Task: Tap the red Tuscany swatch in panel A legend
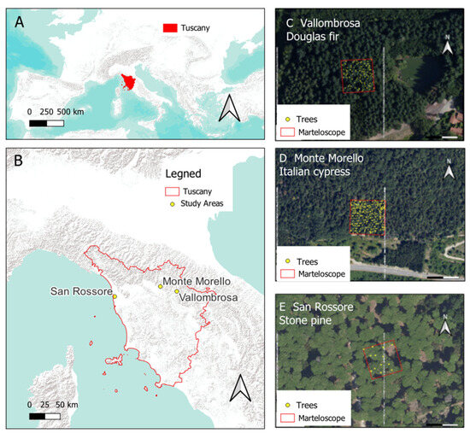point(170,28)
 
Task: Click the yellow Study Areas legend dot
point(173,204)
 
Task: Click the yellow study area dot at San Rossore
point(114,296)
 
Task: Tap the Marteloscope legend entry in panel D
point(320,273)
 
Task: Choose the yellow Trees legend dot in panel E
point(288,405)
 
